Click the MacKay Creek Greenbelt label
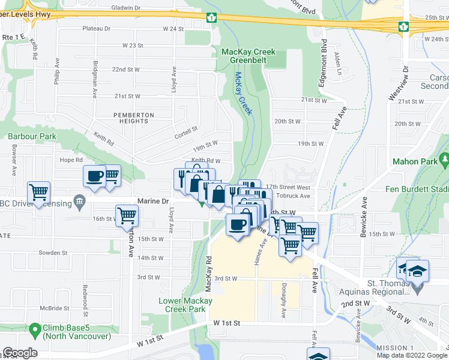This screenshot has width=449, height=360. pos(249,56)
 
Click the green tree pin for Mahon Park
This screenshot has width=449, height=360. pos(444,160)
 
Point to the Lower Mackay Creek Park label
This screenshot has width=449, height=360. pos(185,304)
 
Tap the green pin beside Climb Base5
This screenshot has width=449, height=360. pos(35,328)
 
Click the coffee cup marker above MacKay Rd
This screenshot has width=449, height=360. pos(237,224)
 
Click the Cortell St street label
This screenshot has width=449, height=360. pos(186,130)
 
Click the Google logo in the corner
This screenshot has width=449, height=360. pos(20,353)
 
